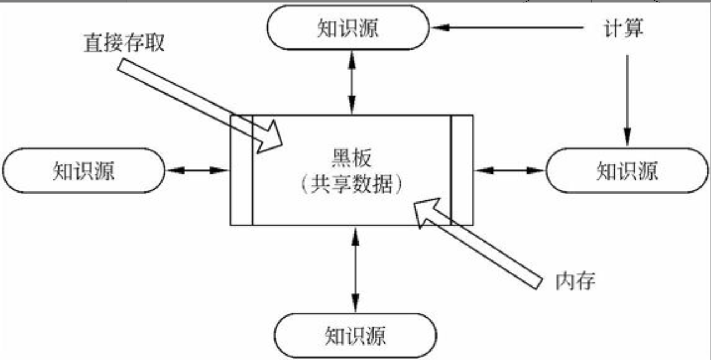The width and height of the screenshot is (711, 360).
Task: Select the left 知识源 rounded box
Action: [84, 170]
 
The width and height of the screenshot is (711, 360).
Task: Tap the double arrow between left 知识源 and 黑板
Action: [197, 170]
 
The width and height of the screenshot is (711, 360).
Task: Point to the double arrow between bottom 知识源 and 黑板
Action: [355, 270]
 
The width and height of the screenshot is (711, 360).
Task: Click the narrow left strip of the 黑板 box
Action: [242, 170]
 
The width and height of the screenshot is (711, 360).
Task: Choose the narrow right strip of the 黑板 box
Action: [462, 170]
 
